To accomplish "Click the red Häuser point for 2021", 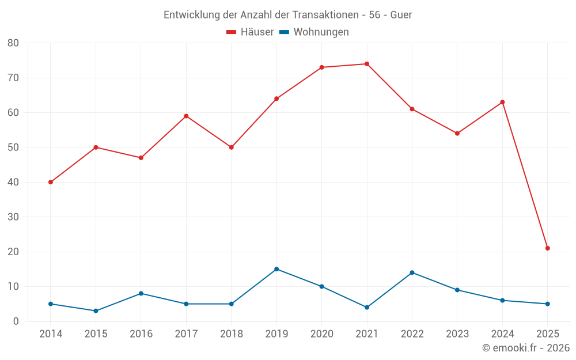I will [x=367, y=64].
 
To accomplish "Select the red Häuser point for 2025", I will [x=548, y=248].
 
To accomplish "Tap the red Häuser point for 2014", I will [x=51, y=182].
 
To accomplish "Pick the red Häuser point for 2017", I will [x=186, y=116].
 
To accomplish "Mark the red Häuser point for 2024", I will [x=502, y=102].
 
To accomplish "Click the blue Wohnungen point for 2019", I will [x=276, y=269].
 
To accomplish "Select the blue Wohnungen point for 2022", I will [x=412, y=272].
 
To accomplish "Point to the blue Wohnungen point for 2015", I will [x=96, y=311].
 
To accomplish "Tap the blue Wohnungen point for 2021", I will [x=367, y=308].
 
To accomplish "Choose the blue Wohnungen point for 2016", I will [x=141, y=293].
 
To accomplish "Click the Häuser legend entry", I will [x=250, y=32].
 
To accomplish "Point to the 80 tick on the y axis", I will [x=13, y=43].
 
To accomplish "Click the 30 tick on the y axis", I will [x=13, y=217].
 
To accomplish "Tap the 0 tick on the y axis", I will [x=16, y=321].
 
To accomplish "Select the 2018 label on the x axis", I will [x=232, y=335].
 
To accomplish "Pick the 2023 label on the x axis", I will [x=457, y=335].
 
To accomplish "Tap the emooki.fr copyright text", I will [x=525, y=348].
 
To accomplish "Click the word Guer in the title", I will [x=401, y=15].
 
